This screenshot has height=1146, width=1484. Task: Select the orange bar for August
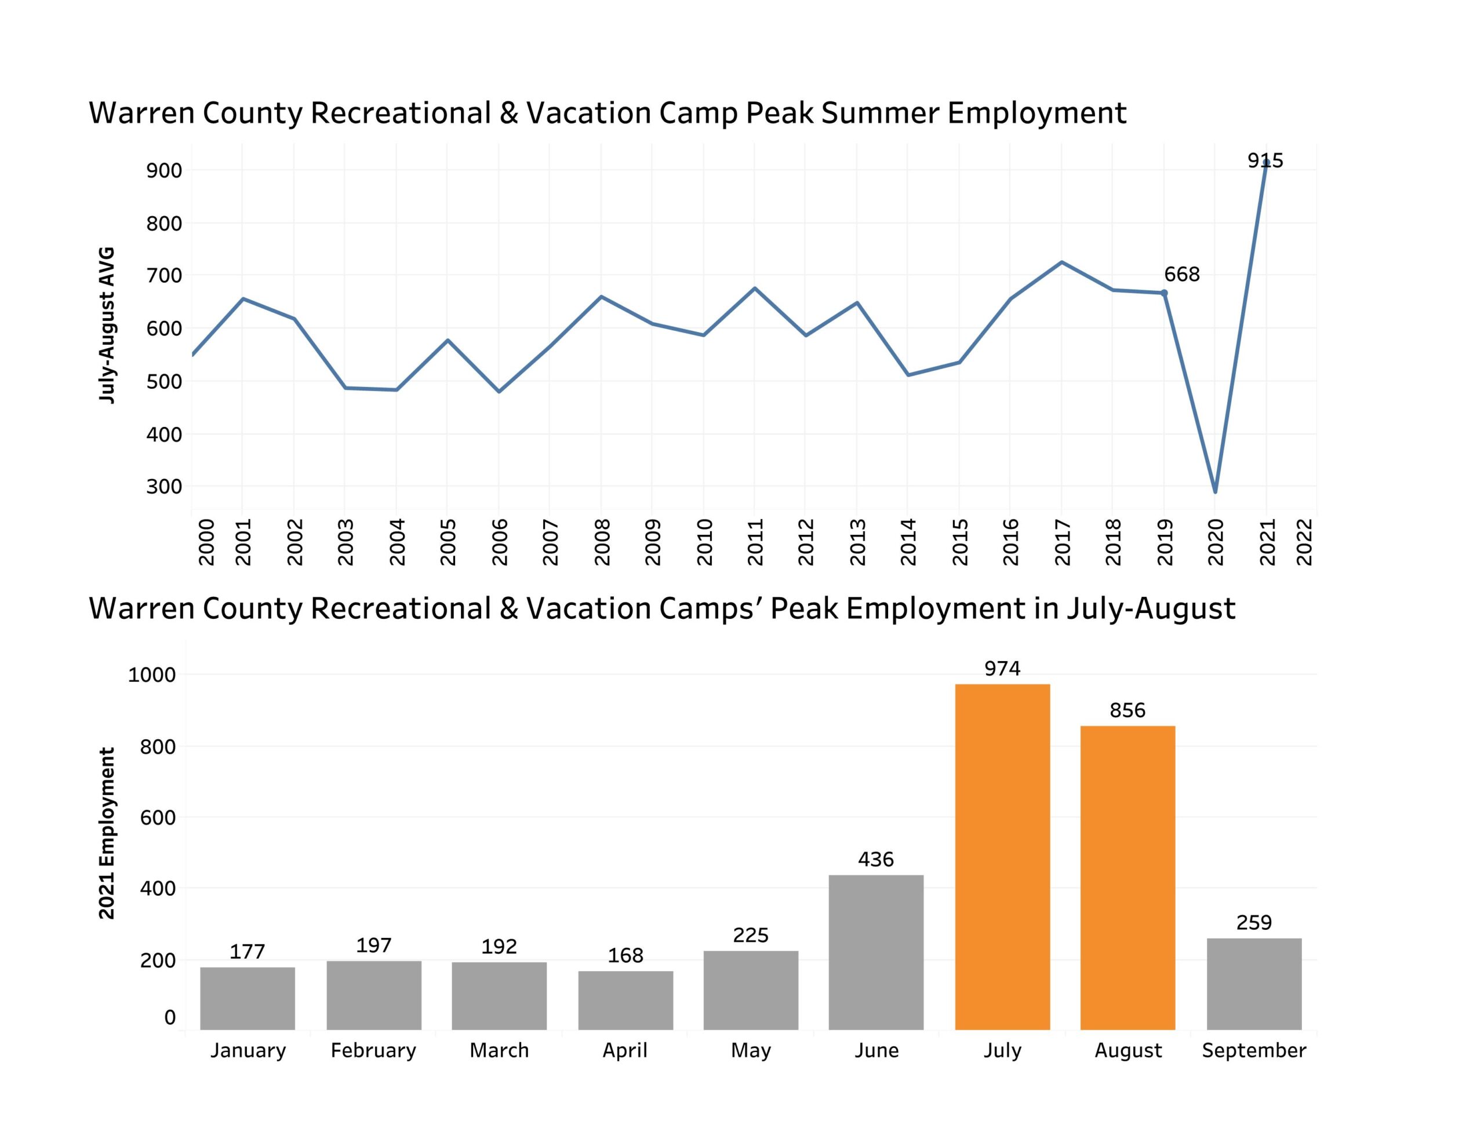pos(1127,877)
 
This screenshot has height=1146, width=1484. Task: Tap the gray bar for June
pos(876,952)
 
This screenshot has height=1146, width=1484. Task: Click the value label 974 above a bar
pos(1002,669)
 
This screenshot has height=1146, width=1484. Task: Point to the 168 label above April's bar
pos(625,955)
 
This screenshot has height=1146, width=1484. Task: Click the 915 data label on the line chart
pos(1265,161)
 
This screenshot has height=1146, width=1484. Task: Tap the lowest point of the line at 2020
pos(1215,491)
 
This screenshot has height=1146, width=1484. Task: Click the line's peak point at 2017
pos(1061,262)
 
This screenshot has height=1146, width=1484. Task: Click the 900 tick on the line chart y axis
pos(163,170)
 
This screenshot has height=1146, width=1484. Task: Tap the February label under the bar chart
pos(373,1050)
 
